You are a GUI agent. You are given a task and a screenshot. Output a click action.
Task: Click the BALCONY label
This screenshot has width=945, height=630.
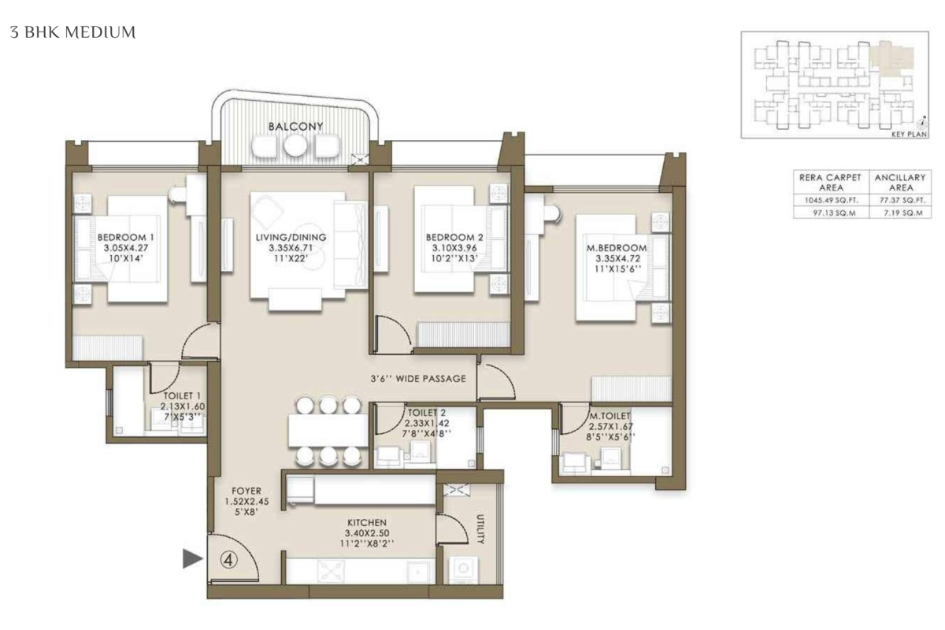point(296,126)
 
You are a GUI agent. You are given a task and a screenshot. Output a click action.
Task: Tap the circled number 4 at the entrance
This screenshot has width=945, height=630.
point(229,561)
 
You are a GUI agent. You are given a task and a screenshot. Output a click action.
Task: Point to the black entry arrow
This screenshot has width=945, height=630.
point(192,558)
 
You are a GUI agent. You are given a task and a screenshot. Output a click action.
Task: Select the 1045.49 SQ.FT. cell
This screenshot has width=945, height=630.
point(831,201)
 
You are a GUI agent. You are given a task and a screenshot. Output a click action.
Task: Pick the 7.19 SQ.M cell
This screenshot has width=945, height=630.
point(900,213)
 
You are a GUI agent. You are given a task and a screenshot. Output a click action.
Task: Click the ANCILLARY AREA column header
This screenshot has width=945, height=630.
point(900,182)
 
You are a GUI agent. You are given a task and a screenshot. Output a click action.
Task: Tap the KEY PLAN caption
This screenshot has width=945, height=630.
point(909,134)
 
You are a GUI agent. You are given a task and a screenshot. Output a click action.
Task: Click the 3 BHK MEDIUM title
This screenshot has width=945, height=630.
point(73,32)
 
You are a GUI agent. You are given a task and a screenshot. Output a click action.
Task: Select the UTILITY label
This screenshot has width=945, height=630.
point(480,528)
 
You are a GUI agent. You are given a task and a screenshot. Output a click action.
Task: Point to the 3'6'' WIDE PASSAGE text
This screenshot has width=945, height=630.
point(418,379)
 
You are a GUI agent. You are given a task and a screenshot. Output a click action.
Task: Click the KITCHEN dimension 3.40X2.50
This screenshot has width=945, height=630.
point(367,533)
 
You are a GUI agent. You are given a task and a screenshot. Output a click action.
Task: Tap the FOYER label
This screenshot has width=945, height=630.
point(246,491)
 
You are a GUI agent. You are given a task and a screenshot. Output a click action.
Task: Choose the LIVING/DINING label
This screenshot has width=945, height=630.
point(291,237)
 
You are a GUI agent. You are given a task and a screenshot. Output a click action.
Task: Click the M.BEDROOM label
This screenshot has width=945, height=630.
point(617,248)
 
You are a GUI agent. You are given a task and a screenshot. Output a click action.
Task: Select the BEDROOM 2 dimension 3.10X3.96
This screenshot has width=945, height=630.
point(454,248)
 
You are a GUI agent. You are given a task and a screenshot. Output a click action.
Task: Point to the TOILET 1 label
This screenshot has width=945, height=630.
point(182,396)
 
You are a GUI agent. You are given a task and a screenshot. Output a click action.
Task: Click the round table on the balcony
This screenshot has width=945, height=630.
point(295,146)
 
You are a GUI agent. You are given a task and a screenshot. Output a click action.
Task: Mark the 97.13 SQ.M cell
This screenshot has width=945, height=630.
point(831,213)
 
